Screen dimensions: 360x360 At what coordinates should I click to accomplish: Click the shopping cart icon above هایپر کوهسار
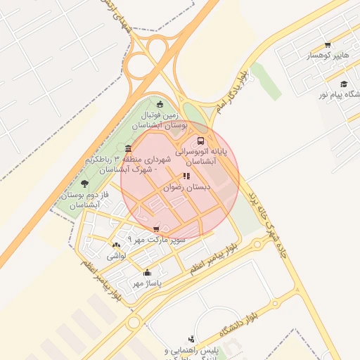(x=328, y=45)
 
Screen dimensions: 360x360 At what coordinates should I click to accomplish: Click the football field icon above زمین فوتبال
(x=160, y=104)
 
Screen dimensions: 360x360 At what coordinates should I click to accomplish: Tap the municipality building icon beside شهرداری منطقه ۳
(x=127, y=148)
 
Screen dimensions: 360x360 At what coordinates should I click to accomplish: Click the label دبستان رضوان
(x=187, y=187)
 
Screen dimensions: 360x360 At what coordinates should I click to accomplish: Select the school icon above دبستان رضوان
(x=186, y=176)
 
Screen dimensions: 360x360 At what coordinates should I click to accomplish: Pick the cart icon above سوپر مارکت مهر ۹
(x=156, y=229)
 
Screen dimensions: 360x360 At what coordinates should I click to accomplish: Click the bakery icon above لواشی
(x=115, y=245)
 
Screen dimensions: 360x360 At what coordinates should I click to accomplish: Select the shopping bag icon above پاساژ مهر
(x=147, y=273)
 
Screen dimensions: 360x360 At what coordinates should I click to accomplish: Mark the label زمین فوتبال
(x=162, y=115)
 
